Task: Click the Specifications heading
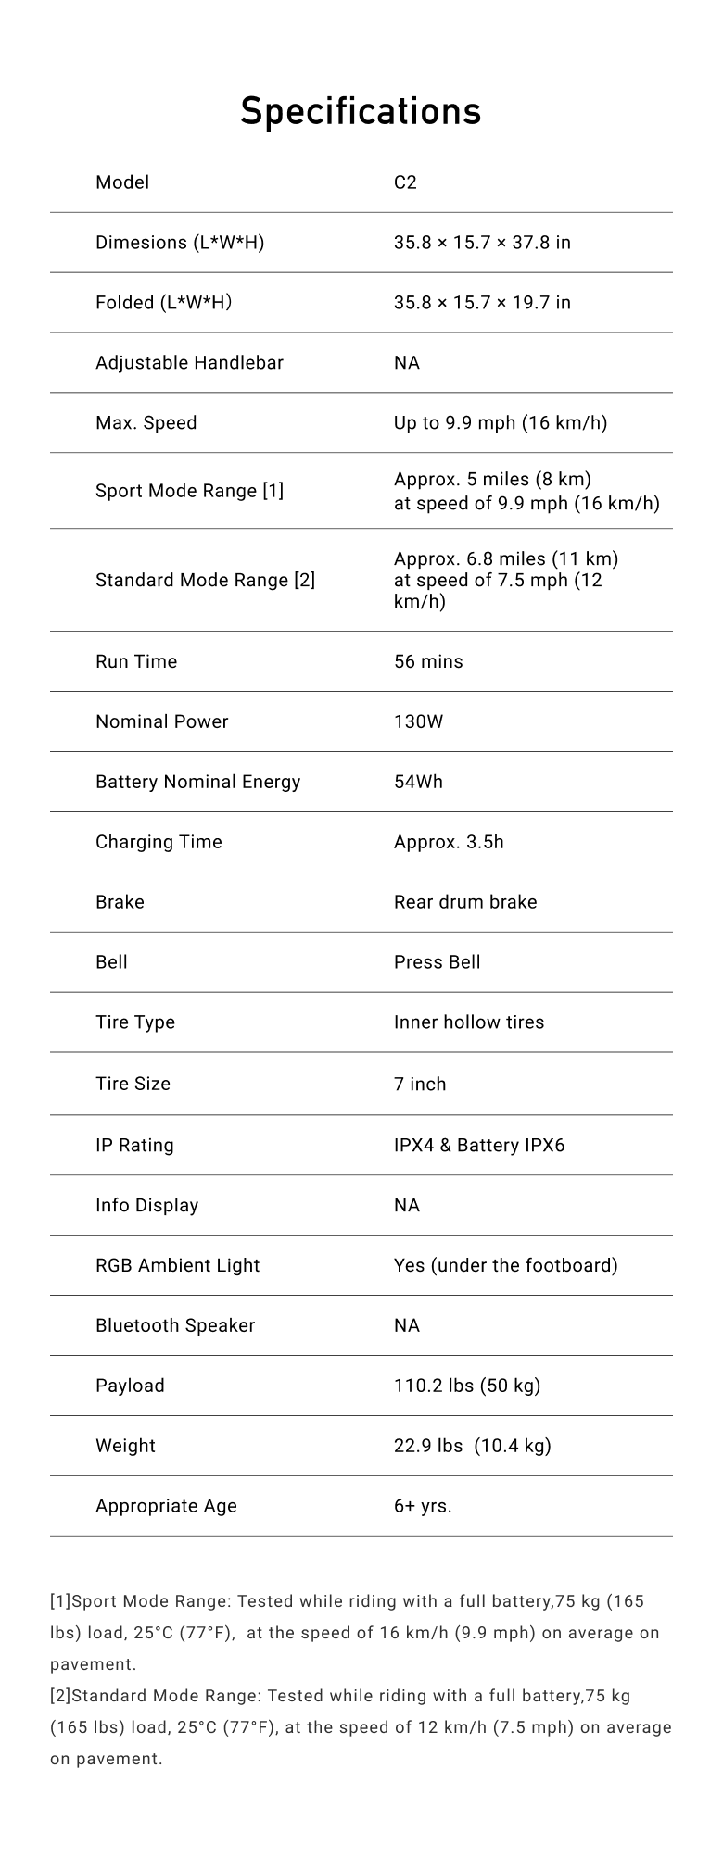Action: coord(361,111)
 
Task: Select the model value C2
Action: coord(405,182)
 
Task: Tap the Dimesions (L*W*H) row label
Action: coord(180,243)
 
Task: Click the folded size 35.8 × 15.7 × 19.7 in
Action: coord(482,303)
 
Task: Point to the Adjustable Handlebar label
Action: coord(189,363)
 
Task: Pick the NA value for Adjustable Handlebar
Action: coord(407,363)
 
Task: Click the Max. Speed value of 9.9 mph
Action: coord(501,423)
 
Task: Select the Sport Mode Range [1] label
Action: coord(189,491)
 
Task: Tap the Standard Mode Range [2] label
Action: coord(205,581)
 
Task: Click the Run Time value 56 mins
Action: coord(428,662)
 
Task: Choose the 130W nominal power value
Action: coord(418,722)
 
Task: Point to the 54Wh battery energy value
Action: coord(418,783)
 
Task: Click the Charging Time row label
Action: coord(159,843)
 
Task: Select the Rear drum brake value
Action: coord(465,903)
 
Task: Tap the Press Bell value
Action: coord(437,963)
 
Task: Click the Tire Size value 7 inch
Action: coord(420,1085)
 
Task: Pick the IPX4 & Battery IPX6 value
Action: coord(479,1146)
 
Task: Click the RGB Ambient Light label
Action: coord(177,1266)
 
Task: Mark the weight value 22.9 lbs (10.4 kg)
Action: coord(472,1447)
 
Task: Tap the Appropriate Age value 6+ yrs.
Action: coord(423,1507)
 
